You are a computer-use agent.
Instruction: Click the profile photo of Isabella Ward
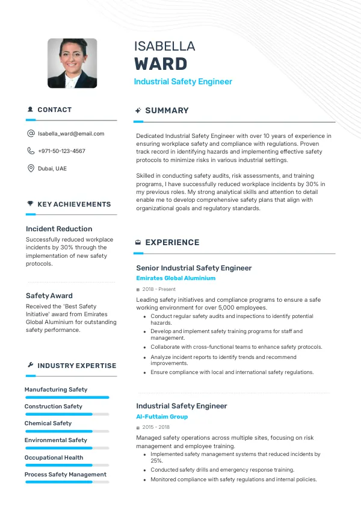72,63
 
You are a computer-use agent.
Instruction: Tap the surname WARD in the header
161,64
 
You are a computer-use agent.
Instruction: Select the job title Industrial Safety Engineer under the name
183,82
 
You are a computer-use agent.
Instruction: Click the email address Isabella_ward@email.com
71,134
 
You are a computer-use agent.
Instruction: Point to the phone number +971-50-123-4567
61,151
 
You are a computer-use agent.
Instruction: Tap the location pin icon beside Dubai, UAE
31,169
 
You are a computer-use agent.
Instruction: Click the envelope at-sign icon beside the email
31,134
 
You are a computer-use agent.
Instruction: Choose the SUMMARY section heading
167,111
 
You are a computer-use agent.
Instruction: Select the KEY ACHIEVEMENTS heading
74,205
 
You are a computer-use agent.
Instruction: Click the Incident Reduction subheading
59,229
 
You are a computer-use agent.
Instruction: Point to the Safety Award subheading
49,296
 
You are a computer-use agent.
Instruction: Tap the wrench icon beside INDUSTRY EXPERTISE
30,366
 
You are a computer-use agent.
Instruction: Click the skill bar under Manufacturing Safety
67,398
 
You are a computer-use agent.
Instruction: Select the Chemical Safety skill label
48,423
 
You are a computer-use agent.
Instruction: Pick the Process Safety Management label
66,475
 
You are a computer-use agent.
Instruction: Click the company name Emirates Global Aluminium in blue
176,279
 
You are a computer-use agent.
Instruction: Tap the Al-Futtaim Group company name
162,417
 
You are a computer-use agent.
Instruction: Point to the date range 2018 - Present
159,290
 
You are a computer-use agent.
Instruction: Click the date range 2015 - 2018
157,428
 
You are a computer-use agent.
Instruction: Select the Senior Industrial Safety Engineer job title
194,268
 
